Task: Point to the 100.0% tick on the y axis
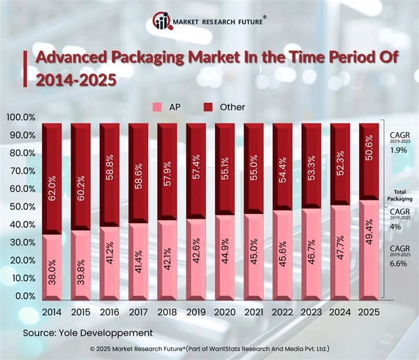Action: [x=21, y=117]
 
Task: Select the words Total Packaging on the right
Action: [x=399, y=196]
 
